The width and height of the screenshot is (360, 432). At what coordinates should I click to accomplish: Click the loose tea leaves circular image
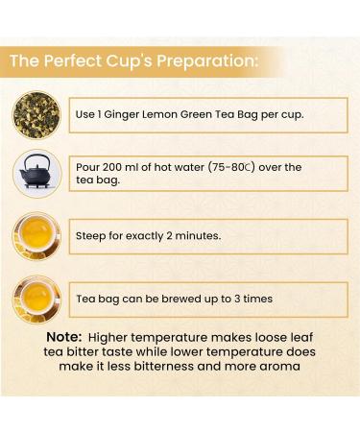click(x=36, y=113)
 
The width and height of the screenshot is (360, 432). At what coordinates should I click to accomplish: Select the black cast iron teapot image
click(x=37, y=174)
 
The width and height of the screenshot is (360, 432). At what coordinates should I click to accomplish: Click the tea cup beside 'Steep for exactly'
click(x=36, y=235)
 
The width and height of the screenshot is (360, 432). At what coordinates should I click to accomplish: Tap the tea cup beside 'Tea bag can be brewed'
click(x=36, y=299)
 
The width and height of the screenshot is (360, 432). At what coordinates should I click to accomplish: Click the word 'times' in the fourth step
click(x=254, y=299)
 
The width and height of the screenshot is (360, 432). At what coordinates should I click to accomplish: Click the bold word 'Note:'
click(x=66, y=338)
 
